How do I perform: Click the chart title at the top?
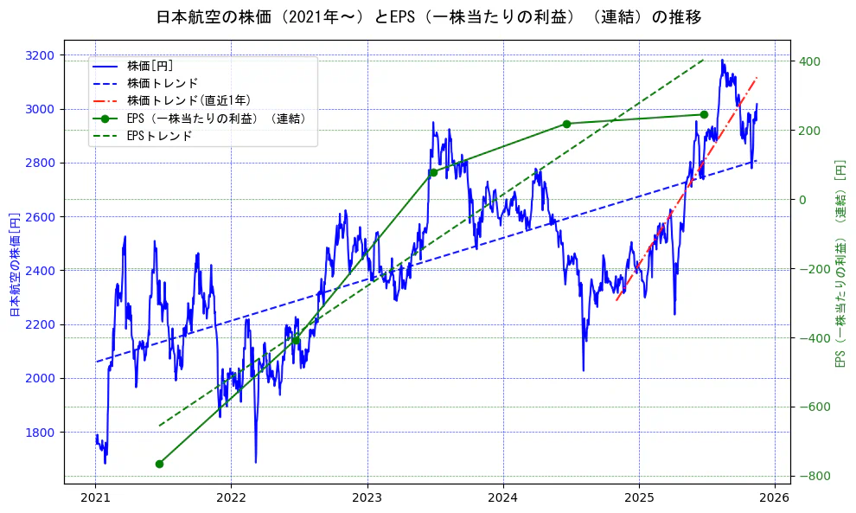click(x=428, y=16)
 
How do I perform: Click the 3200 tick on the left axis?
click(x=40, y=55)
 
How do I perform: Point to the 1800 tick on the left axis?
click(x=40, y=433)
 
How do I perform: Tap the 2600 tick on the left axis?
click(x=40, y=217)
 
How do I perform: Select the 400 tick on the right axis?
click(x=810, y=61)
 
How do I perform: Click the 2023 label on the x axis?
click(x=367, y=498)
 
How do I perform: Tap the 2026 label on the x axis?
click(x=775, y=498)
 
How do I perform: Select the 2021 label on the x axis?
click(x=95, y=498)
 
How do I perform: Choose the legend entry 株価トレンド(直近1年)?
click(x=188, y=100)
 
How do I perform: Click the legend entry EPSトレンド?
click(x=159, y=136)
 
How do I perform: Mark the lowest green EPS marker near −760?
click(x=159, y=464)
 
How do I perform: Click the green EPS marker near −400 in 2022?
click(x=296, y=340)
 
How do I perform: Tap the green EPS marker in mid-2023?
click(x=433, y=172)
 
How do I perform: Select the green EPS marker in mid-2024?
click(x=566, y=124)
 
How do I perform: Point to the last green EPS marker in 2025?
click(x=704, y=114)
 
